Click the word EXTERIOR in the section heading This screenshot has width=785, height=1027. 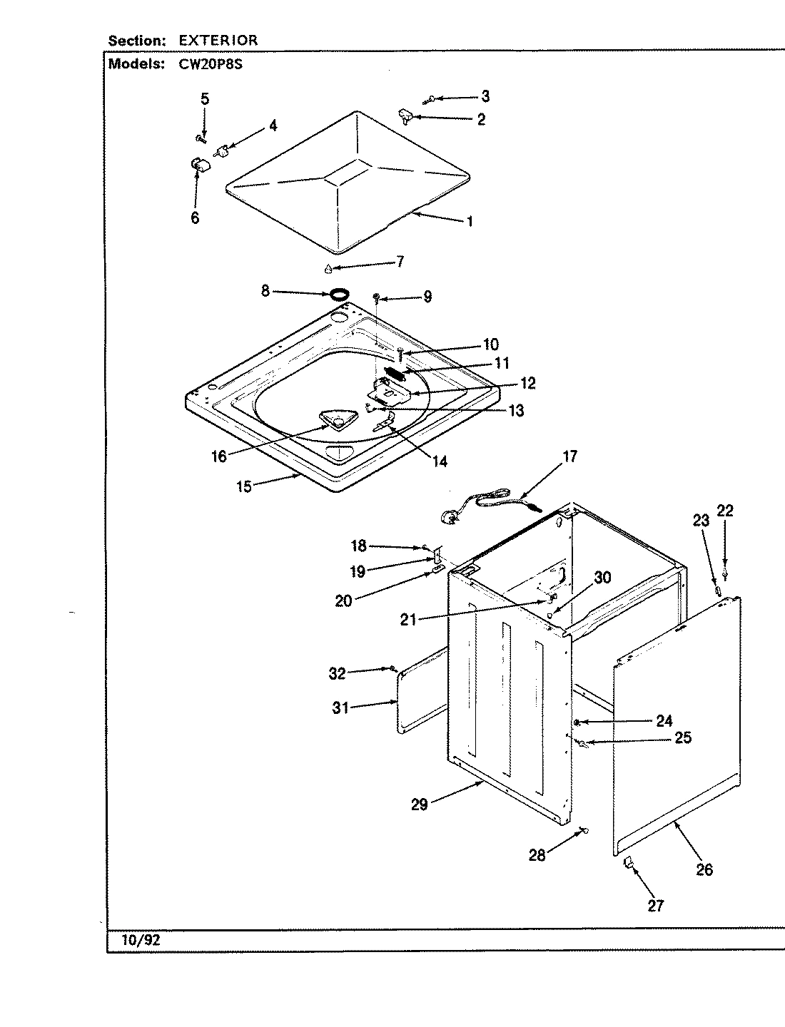pos(218,41)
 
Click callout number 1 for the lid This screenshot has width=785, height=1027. pos(470,221)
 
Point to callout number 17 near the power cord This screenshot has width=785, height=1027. pos(569,456)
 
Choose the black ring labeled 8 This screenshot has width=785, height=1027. pos(339,293)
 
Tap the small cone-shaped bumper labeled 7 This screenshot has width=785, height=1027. pos(328,269)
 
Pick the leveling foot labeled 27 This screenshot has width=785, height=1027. pos(629,864)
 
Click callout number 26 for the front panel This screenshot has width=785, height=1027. pos(704,870)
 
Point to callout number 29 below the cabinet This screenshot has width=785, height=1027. pos(419,804)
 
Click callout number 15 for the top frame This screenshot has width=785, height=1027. pos(244,488)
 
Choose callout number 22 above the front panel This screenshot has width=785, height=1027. pos(725,511)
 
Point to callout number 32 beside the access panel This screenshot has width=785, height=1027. pos(337,673)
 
